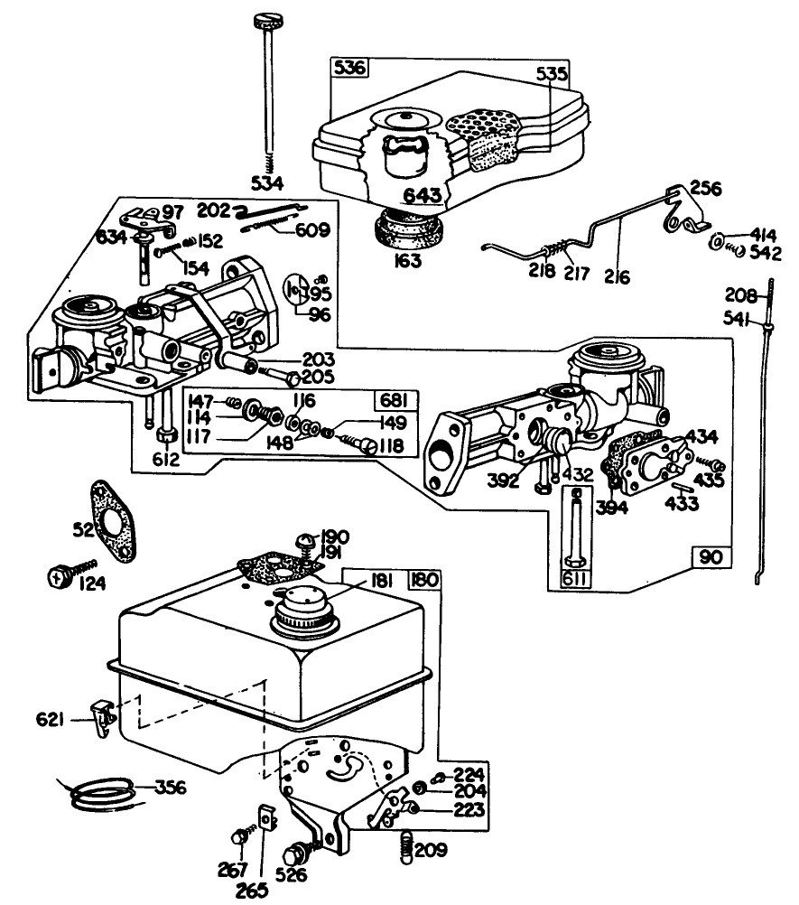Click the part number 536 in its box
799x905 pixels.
click(349, 68)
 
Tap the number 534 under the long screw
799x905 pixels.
click(268, 182)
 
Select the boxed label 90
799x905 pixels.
click(710, 557)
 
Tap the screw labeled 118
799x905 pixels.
click(367, 444)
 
